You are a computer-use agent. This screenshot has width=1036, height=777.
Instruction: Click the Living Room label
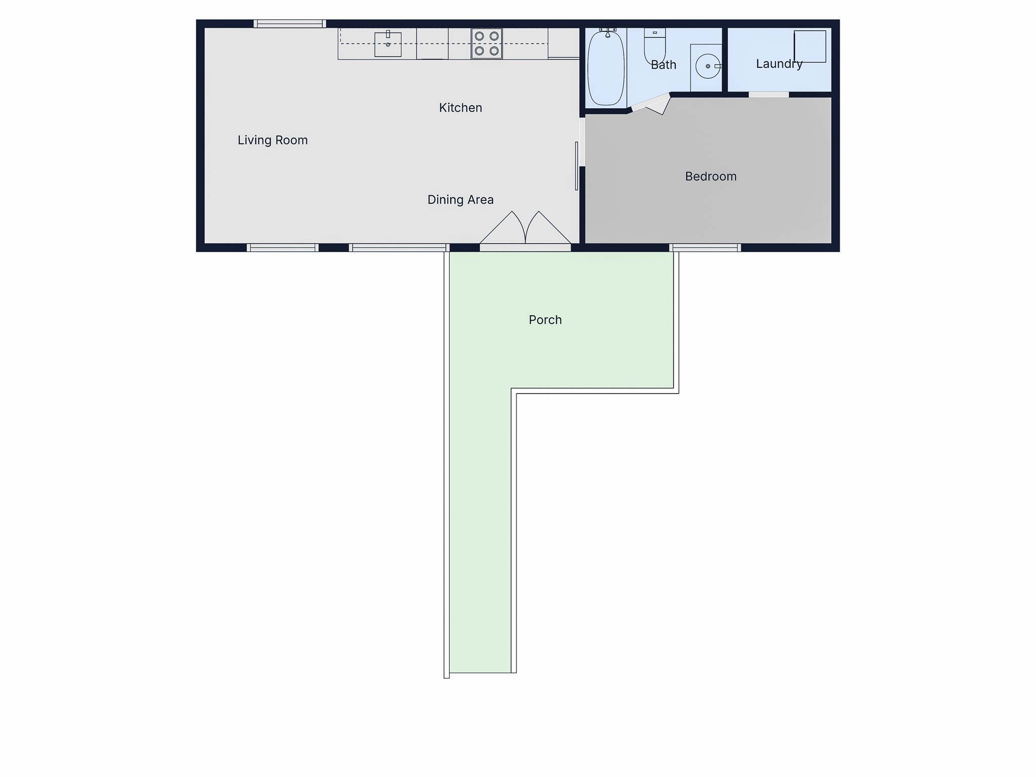(273, 140)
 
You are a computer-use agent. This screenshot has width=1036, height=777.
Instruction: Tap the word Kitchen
(460, 108)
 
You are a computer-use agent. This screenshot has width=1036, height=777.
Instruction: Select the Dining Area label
(460, 200)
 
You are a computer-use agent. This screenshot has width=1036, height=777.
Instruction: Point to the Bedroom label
(711, 177)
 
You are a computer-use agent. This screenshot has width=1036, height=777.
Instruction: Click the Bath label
(663, 65)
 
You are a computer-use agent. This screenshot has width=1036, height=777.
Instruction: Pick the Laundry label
(779, 64)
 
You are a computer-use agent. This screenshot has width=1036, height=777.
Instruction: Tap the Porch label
(545, 320)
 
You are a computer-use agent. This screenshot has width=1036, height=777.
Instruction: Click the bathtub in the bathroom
(606, 68)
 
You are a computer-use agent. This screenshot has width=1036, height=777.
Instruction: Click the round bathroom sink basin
(707, 66)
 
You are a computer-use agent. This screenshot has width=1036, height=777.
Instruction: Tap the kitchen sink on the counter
(388, 45)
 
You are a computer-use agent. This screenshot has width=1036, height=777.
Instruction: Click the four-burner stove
(487, 44)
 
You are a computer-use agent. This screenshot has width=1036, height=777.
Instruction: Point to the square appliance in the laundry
(810, 47)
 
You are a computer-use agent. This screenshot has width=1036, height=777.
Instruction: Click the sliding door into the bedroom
(577, 166)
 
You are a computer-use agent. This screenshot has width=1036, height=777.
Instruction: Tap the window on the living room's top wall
(289, 23)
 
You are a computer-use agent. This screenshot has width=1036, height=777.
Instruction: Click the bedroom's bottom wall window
(705, 247)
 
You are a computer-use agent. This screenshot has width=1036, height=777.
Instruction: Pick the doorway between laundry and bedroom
(768, 95)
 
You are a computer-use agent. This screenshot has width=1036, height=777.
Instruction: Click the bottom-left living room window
(282, 247)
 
